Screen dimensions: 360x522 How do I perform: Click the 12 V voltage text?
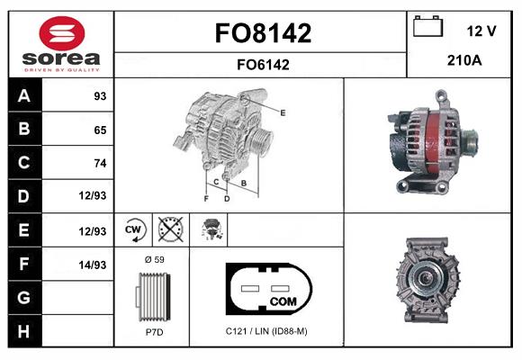point(481,31)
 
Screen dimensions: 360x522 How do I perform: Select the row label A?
point(23,96)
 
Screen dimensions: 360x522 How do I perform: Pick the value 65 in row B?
point(99,130)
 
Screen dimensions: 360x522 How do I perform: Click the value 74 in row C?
point(99,163)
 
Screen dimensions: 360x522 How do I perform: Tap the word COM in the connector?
point(283,300)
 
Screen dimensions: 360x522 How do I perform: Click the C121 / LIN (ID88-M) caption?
point(266,331)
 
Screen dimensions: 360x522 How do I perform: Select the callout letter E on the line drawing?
point(283,112)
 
